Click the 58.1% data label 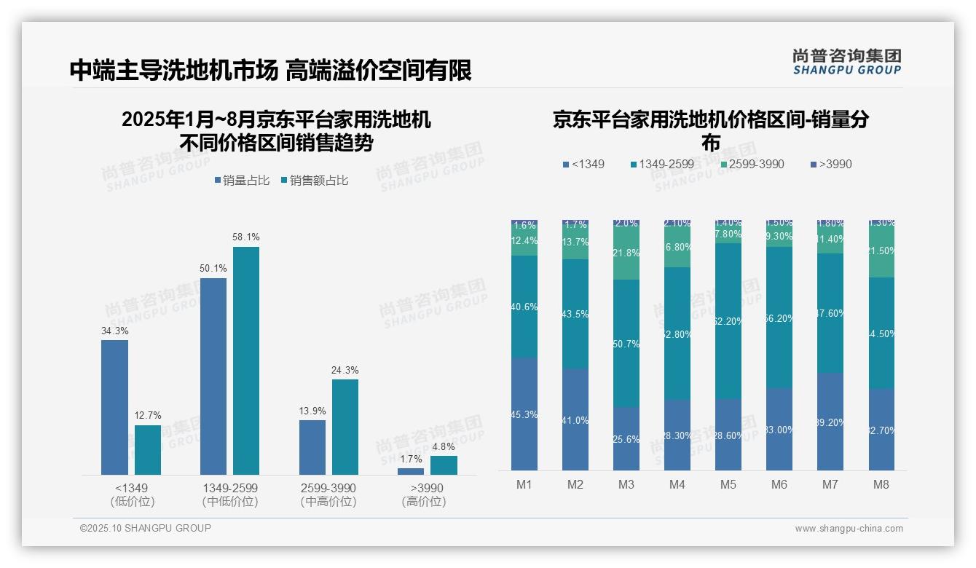(246, 237)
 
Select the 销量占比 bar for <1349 (114, 407)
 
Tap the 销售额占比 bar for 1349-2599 (246, 360)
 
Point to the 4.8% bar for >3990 (444, 465)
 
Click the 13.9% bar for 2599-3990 (312, 447)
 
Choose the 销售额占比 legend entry (314, 181)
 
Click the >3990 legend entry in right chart (830, 164)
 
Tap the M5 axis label (728, 485)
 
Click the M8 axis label (881, 485)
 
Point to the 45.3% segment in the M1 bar (524, 414)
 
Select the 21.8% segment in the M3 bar (626, 253)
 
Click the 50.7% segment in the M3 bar (626, 343)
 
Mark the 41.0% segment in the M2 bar (575, 419)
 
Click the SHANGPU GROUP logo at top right (846, 62)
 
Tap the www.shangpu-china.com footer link (849, 529)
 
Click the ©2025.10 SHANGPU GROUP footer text (146, 528)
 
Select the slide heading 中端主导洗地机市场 (173, 70)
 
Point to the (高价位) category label (424, 502)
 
